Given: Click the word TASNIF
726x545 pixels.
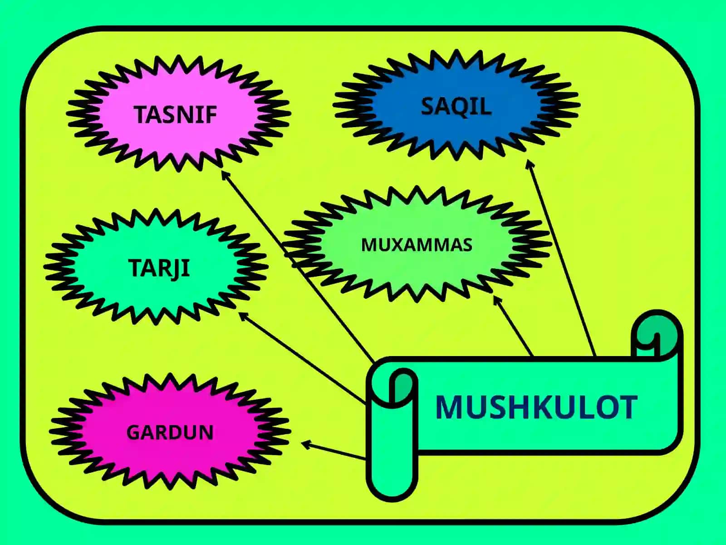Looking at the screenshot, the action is [175, 114].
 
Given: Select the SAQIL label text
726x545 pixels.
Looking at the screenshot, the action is [456, 107].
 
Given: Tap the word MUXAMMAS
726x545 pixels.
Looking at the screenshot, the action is [417, 245].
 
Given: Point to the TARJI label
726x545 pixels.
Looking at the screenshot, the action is [159, 268].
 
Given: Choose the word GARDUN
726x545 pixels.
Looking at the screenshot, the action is [170, 432].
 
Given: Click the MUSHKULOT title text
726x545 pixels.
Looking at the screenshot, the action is [536, 407].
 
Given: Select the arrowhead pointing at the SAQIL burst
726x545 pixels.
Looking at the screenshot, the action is [530, 164].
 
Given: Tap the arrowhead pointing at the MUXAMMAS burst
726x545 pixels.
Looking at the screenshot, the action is [497, 301].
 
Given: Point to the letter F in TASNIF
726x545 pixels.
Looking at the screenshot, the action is [210, 114].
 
